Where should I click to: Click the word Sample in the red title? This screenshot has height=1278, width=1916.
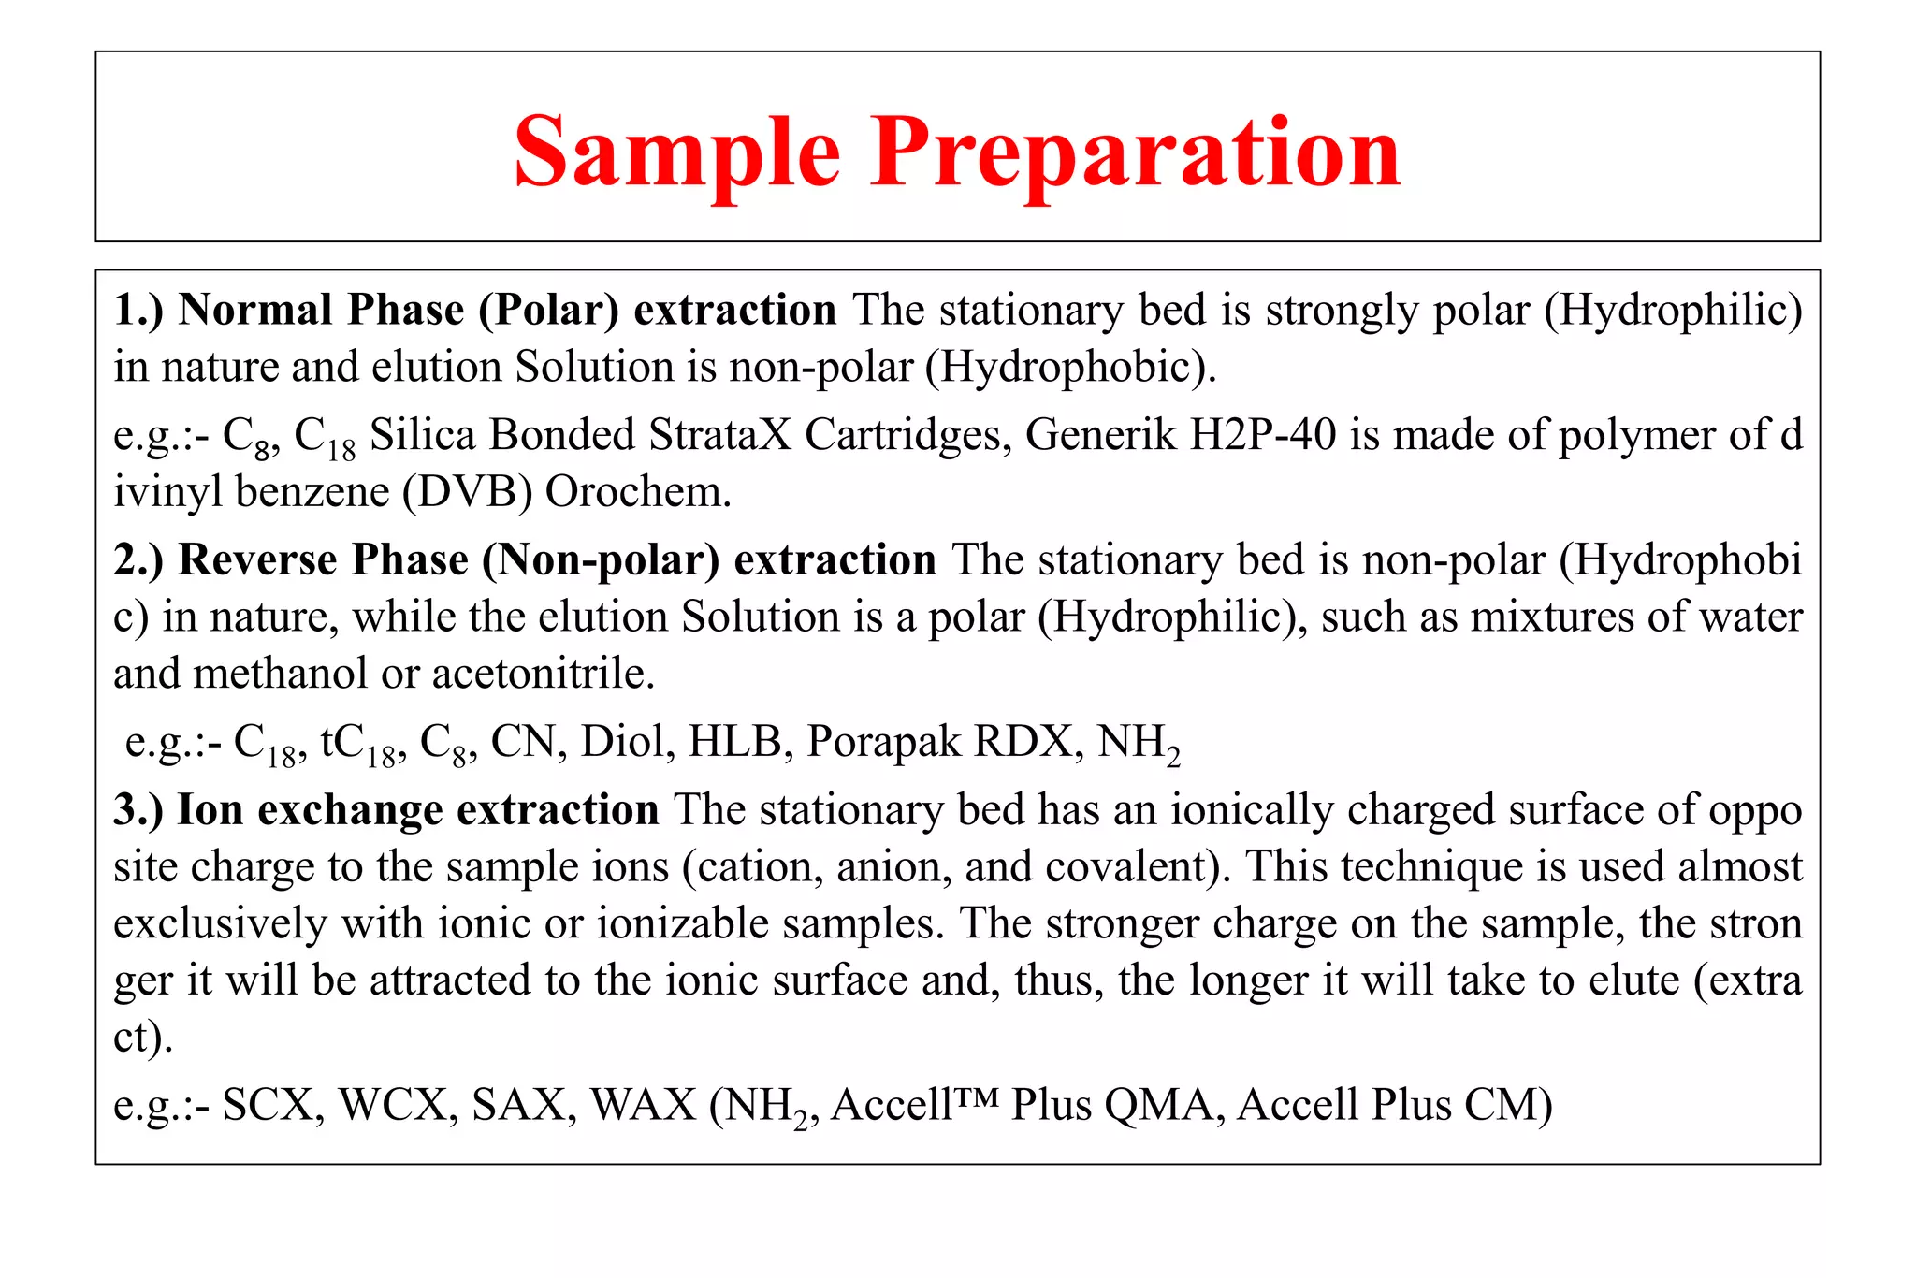click(x=676, y=153)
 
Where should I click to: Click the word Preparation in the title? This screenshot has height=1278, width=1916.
click(x=1135, y=153)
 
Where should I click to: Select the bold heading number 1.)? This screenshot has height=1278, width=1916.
click(x=138, y=311)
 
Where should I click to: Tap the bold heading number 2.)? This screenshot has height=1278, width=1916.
click(x=138, y=560)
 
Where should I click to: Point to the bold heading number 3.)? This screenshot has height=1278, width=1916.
click(x=138, y=810)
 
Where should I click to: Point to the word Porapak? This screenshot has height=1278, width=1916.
click(x=883, y=743)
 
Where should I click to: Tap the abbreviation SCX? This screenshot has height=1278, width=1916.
click(x=272, y=1106)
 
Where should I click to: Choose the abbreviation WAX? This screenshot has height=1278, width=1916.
click(x=643, y=1106)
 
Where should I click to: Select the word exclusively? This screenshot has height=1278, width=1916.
click(x=220, y=924)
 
